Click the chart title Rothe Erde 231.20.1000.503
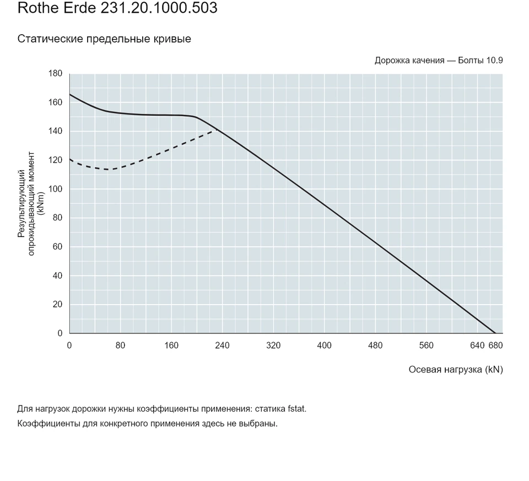coord(117,8)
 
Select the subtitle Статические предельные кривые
coord(104,39)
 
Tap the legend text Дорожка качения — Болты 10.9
coord(439,61)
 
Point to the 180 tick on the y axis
coord(55,73)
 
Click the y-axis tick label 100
coord(55,189)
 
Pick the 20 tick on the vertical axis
coord(58,304)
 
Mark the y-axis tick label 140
coord(55,131)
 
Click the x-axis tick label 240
coord(222,345)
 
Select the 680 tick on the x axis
coord(495,345)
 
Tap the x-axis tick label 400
coord(324,345)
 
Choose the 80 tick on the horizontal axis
coord(121,345)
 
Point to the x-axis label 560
coord(426,345)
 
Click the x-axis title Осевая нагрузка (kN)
coord(456,370)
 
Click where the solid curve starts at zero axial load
coord(70,94)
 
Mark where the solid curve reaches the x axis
coord(495,333)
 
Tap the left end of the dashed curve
coord(70,159)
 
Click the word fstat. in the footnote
coord(297,409)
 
